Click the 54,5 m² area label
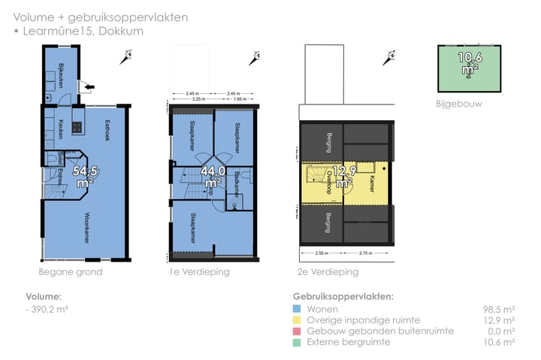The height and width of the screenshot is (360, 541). pos(83,176)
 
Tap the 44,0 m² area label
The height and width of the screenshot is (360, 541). pos(212,177)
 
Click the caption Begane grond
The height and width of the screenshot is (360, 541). pos(70,272)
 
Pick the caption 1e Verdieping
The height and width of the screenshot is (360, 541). pos(199,272)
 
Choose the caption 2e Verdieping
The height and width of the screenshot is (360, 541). pos(328,272)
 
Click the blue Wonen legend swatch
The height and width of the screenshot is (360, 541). pos(298,309)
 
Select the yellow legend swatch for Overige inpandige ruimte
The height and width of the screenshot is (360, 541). pos(298,320)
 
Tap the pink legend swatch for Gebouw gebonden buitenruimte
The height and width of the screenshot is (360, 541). pos(298,331)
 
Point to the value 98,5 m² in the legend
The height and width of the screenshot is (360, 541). pos(498,309)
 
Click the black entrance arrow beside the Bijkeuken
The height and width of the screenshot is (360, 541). pos(91,88)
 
